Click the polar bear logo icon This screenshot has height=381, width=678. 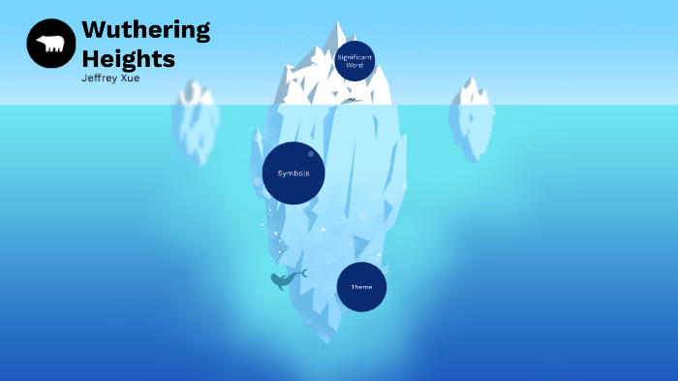click(x=50, y=44)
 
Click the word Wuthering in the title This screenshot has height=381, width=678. click(x=145, y=30)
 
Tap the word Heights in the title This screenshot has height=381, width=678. click(x=128, y=58)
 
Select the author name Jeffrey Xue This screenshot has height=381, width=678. click(x=110, y=79)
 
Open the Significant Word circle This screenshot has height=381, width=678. click(x=354, y=61)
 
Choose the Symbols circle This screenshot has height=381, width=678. click(x=293, y=174)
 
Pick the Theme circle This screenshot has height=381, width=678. click(x=361, y=287)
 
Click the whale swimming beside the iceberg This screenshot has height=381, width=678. click(x=286, y=280)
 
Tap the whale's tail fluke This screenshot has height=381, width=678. click(x=303, y=273)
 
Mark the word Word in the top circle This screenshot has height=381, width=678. click(x=354, y=65)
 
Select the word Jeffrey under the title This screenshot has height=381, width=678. click(x=100, y=79)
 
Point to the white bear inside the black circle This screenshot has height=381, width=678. click(x=50, y=44)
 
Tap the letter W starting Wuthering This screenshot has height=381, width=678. click(x=95, y=30)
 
